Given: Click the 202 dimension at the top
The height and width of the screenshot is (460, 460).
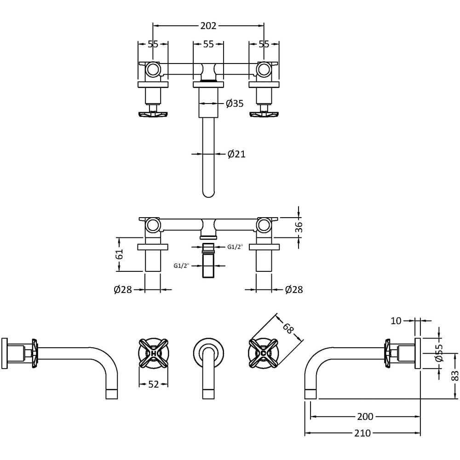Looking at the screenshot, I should pyautogui.click(x=208, y=26).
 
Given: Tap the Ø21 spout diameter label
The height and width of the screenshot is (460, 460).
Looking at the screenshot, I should pyautogui.click(x=236, y=154).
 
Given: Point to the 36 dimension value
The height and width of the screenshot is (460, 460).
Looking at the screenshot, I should pyautogui.click(x=299, y=227).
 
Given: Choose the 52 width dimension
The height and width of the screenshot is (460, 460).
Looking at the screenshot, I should pyautogui.click(x=154, y=385).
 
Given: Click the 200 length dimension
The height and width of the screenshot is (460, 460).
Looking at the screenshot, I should pyautogui.click(x=365, y=417).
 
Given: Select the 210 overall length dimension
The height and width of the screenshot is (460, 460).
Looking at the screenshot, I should pyautogui.click(x=362, y=433).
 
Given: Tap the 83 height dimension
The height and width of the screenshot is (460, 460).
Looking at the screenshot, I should pyautogui.click(x=455, y=376).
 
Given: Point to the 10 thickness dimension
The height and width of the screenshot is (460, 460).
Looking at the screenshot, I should pyautogui.click(x=396, y=321).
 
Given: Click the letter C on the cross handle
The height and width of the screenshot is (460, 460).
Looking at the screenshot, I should pyautogui.click(x=264, y=353).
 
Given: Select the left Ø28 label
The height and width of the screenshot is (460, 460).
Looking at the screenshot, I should pyautogui.click(x=123, y=290).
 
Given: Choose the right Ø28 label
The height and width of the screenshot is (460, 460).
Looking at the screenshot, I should pyautogui.click(x=293, y=290).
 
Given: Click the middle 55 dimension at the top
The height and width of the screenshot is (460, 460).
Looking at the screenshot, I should pyautogui.click(x=208, y=44).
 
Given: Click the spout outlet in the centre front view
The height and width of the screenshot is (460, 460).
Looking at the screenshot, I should pyautogui.click(x=208, y=394).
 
